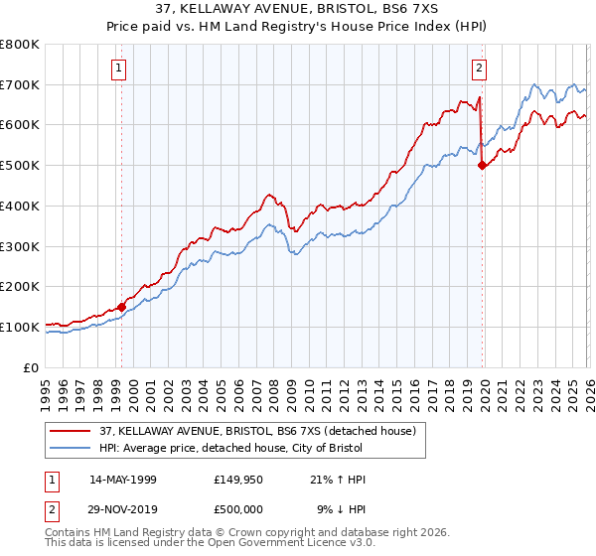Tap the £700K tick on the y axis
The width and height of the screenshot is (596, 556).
pyautogui.click(x=20, y=85)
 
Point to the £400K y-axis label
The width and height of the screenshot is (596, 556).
pyautogui.click(x=20, y=207)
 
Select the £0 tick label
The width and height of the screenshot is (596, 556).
pyautogui.click(x=30, y=367)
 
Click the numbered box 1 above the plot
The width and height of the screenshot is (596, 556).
pyautogui.click(x=119, y=69)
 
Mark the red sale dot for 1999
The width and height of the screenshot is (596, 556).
pyautogui.click(x=121, y=307)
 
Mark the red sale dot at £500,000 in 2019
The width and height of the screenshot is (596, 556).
pyautogui.click(x=483, y=166)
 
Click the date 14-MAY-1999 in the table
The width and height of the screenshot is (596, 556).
pyautogui.click(x=123, y=480)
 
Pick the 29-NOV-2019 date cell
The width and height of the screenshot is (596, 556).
pyautogui.click(x=123, y=508)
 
